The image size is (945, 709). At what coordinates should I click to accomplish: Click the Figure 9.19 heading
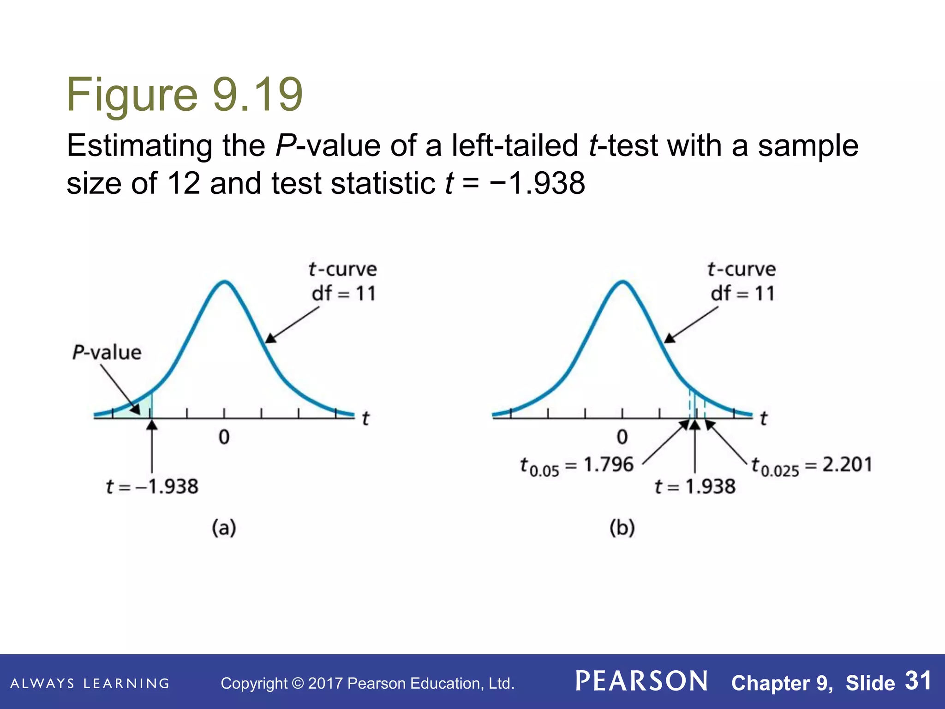(185, 95)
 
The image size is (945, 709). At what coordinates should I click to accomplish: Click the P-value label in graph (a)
(107, 353)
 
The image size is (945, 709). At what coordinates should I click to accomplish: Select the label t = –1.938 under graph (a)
(152, 487)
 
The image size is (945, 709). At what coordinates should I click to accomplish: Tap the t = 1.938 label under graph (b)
(695, 487)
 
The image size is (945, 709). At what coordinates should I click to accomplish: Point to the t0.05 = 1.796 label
(577, 465)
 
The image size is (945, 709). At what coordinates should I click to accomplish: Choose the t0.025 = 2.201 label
(812, 465)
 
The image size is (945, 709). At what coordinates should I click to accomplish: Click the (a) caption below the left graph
(224, 528)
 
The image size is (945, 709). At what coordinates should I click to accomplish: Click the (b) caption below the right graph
(622, 528)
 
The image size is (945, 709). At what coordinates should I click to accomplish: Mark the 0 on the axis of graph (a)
(224, 437)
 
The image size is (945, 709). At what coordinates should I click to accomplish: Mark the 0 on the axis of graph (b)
(622, 437)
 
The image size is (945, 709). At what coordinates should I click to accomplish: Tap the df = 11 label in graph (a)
(344, 294)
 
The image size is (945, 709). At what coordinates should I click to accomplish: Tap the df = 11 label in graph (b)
(742, 294)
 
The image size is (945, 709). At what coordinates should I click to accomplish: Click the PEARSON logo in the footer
(642, 681)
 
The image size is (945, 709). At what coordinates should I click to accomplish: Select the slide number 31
(918, 681)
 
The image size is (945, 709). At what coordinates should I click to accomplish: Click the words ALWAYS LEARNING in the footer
(90, 684)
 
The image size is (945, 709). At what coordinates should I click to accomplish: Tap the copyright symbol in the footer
(298, 684)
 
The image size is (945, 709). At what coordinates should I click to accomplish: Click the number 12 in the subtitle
(183, 183)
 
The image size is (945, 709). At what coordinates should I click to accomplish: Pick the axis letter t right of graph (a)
(365, 418)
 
